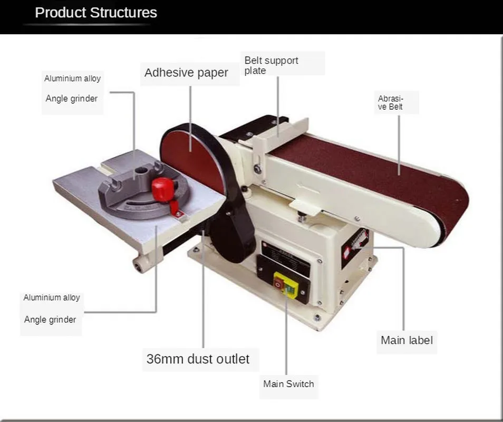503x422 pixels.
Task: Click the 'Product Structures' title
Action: [95, 13]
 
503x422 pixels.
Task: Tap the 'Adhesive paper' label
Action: [186, 73]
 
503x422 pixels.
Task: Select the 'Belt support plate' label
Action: [271, 65]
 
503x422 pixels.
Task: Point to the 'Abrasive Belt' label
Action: [391, 102]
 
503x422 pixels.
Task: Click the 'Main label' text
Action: [407, 340]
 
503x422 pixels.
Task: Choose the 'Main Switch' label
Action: [288, 384]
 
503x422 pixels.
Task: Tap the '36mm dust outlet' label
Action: [198, 359]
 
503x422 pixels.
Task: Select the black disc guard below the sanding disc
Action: [232, 232]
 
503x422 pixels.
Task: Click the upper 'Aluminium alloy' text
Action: [72, 79]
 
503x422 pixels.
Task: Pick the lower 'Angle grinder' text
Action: [50, 320]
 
